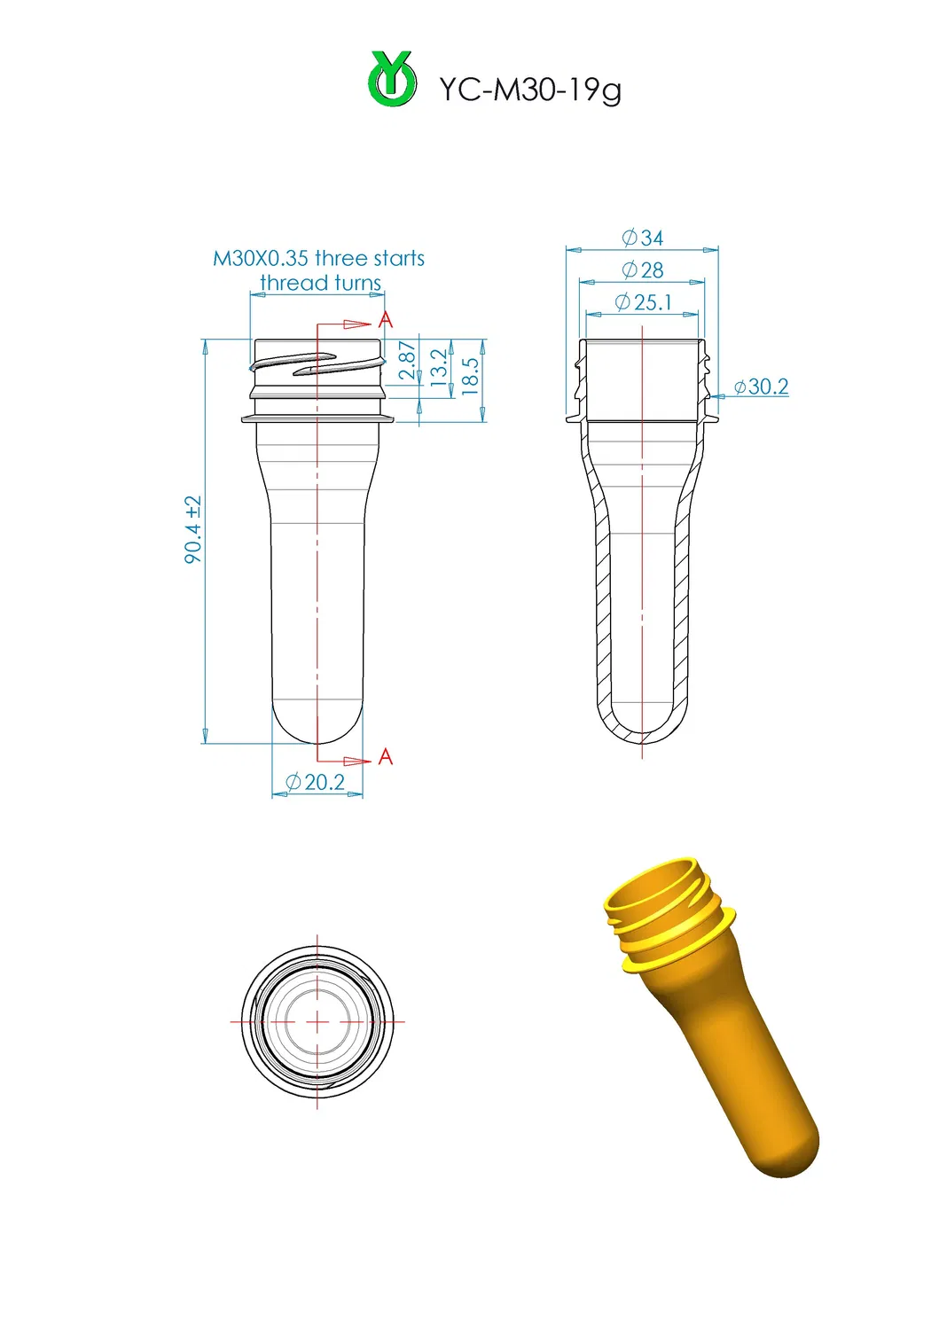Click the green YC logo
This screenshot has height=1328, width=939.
[392, 80]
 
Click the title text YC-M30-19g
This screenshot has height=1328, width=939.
[530, 90]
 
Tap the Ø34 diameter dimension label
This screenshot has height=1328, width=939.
[643, 238]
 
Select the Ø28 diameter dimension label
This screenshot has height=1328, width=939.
[643, 270]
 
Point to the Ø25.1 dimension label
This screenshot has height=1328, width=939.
[643, 302]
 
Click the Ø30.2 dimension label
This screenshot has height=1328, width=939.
[761, 387]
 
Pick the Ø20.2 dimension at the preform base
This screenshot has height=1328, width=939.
[316, 782]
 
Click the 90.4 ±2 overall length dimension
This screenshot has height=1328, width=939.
[193, 529]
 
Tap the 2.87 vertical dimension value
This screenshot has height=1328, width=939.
[407, 361]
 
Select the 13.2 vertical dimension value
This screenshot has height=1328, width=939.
[439, 366]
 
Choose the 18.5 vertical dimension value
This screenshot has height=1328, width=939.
[470, 375]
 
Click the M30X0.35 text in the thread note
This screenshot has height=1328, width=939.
[261, 258]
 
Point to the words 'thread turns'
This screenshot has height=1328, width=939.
[320, 283]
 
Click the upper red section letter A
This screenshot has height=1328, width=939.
[385, 320]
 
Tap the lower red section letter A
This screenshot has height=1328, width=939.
[385, 756]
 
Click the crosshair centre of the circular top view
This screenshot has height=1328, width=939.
[317, 1022]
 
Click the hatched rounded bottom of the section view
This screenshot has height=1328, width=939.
[642, 735]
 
